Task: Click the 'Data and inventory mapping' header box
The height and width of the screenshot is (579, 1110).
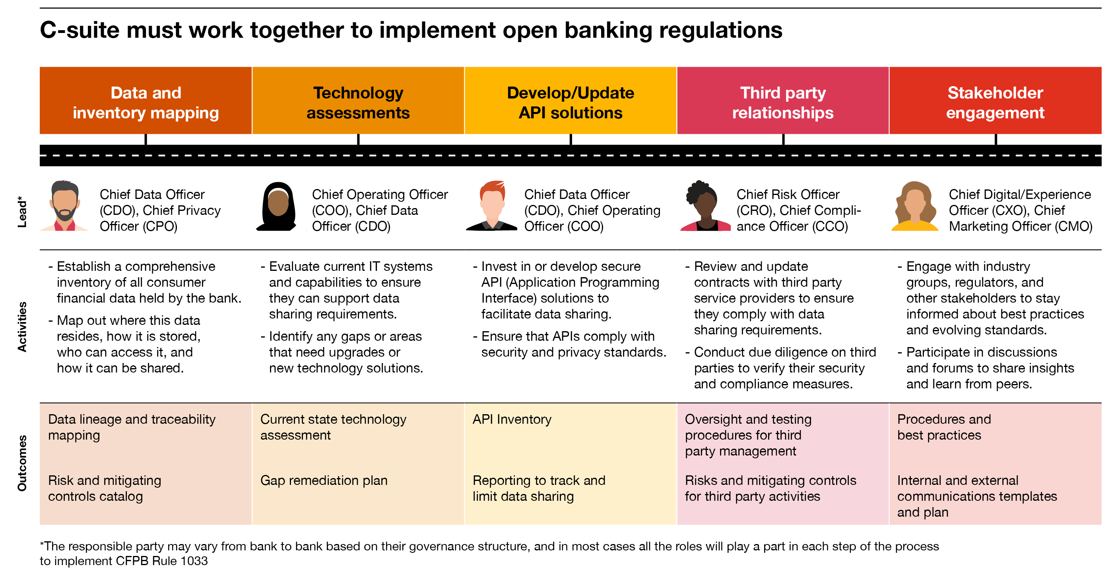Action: tap(146, 101)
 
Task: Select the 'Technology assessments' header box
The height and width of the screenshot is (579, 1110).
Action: tap(358, 101)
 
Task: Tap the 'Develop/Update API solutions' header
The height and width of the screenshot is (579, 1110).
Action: tap(571, 101)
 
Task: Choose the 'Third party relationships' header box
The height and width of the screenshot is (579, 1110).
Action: tap(783, 101)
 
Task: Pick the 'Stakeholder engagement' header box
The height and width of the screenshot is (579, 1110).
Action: tap(996, 101)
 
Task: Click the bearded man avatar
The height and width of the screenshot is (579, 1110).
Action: tap(65, 206)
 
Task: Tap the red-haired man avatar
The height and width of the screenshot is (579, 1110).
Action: tap(492, 206)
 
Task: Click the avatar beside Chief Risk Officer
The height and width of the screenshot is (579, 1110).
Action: tap(705, 206)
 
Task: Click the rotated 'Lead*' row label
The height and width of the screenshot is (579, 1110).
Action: tap(22, 211)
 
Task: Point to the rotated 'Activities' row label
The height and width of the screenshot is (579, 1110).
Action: tap(22, 327)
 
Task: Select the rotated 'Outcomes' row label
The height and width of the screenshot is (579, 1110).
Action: tap(22, 463)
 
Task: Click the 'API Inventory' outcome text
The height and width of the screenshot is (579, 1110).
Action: tap(512, 419)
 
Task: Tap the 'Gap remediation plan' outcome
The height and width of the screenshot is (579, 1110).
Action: tap(324, 481)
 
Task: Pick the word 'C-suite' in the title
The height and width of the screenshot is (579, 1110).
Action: tap(80, 30)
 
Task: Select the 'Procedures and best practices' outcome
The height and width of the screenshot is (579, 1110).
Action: tap(944, 427)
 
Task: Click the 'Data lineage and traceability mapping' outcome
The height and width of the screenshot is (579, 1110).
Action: tap(132, 427)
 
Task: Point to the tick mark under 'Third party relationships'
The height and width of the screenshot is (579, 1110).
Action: tap(783, 139)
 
